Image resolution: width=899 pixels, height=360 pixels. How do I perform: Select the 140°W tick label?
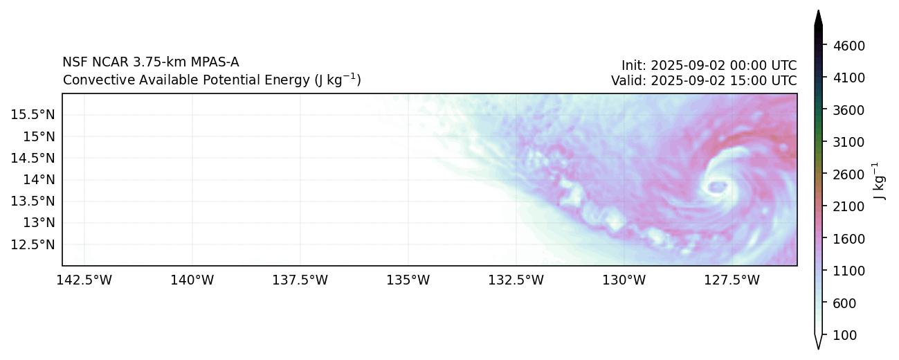[192, 280]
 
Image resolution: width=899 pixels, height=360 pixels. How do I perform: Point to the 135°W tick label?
[408, 280]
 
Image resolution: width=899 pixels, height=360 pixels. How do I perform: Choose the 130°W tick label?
[624, 280]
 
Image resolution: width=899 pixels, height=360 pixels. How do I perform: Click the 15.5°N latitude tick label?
[33, 114]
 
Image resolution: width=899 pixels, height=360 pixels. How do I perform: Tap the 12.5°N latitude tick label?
[33, 244]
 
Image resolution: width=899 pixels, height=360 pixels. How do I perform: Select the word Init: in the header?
[634, 66]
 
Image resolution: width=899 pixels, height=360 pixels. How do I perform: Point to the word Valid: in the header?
[626, 80]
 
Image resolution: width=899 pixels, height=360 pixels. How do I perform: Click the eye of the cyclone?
[718, 186]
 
